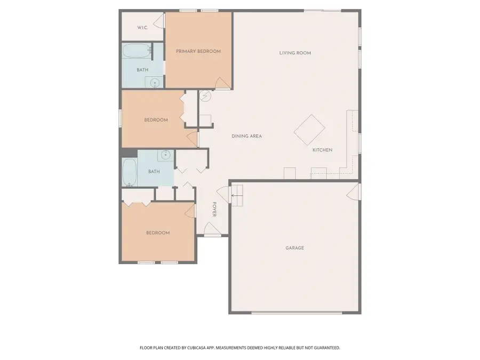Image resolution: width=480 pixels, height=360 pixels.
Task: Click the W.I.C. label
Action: pos(142,28)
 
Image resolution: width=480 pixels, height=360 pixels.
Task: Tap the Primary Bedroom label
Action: pos(198,51)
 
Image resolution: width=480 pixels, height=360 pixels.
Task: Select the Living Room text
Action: pos(295,53)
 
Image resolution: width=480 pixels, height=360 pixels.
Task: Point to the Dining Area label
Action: pos(246,136)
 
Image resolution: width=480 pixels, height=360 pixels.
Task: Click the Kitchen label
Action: pos(322,150)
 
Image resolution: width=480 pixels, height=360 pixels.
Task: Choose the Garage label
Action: pos(294,247)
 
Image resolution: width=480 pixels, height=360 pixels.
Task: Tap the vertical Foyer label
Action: pos(214,209)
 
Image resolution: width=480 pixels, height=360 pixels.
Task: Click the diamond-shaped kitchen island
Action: pos(310,130)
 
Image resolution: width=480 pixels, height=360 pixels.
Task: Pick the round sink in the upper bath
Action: pos(155,82)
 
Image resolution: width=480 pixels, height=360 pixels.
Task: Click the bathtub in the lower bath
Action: pos(129,172)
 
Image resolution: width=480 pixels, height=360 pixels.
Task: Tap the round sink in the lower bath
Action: pos(165,156)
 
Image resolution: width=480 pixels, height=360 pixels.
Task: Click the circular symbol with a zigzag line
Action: pos(205,96)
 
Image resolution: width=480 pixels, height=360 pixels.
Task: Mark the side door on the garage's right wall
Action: pos(354,191)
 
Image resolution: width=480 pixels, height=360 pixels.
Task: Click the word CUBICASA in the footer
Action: pos(197,348)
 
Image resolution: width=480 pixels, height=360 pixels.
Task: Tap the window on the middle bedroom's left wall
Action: pos(120,118)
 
